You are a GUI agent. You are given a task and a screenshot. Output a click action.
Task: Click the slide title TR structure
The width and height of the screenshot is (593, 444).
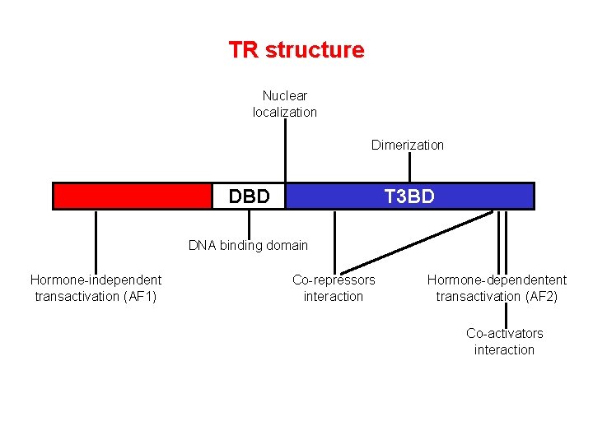coord(296,50)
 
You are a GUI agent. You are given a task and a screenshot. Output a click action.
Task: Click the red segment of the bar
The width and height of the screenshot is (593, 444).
coord(132,197)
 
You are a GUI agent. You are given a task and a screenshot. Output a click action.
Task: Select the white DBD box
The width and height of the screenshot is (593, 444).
coord(249,197)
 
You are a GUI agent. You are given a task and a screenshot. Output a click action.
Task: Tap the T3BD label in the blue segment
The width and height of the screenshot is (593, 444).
coord(409,197)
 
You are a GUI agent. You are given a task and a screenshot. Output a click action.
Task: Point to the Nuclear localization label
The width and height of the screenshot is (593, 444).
coord(285,104)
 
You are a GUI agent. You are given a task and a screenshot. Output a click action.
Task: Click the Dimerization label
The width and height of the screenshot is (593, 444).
coord(407,146)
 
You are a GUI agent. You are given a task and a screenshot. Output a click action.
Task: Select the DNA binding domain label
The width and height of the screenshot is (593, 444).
coord(248,245)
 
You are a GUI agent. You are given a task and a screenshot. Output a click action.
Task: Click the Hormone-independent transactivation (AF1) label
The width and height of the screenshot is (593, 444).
coord(96,289)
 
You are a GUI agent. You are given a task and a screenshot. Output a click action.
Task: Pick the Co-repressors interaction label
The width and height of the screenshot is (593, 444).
coord(334,289)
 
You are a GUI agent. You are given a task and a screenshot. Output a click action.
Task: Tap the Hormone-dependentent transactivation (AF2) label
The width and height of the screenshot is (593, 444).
coord(497,289)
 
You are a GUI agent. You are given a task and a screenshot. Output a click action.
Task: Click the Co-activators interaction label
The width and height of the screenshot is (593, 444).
coord(504,342)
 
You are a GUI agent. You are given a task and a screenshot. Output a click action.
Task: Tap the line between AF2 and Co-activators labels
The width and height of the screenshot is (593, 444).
coord(505,315)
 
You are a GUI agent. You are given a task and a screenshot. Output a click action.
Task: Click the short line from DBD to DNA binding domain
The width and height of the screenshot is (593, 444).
coord(249,224)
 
